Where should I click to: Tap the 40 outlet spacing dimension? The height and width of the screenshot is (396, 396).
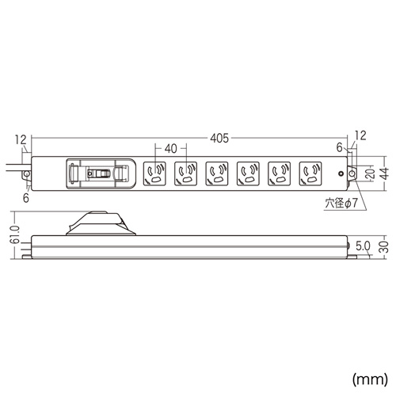pos(170,147)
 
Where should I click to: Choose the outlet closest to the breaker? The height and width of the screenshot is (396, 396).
pos(154,173)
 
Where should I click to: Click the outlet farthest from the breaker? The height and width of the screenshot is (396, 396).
pos(310,173)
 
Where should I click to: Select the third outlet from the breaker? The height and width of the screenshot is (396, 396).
pos(216,173)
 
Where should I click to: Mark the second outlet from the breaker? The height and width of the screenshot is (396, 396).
pos(185,173)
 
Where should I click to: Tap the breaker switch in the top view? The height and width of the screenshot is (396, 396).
pos(99,173)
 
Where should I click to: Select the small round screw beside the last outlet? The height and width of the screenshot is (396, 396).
pos(340,173)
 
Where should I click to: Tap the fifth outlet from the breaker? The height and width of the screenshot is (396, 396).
pos(279,173)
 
